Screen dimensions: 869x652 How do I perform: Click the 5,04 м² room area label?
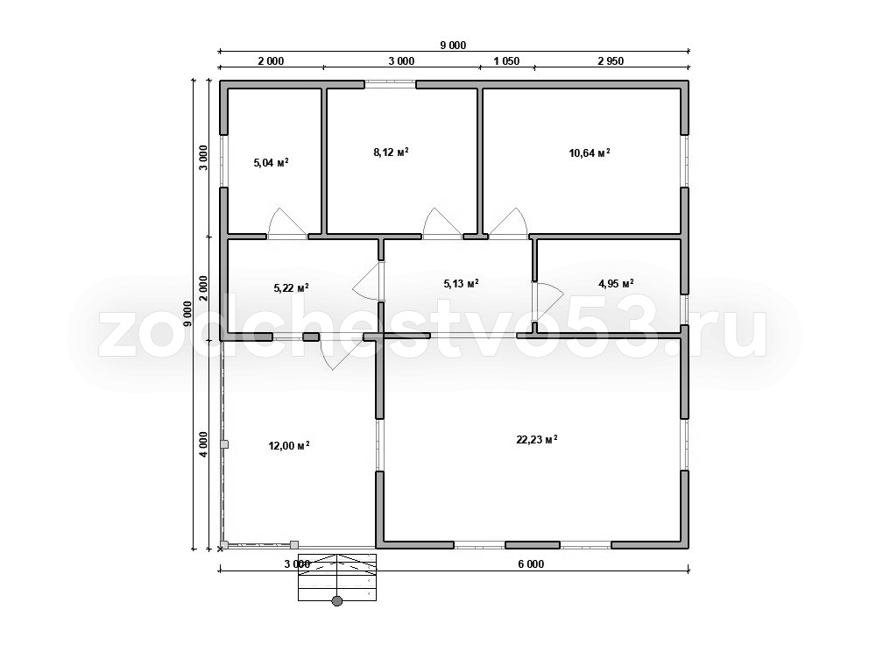(x=271, y=163)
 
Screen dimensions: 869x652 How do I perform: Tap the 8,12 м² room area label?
(x=392, y=152)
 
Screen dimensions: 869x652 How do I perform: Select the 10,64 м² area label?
(x=590, y=153)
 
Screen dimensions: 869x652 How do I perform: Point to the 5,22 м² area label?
(x=292, y=288)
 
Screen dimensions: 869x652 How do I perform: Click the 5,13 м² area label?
(x=461, y=284)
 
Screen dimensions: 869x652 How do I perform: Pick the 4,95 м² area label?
(x=617, y=284)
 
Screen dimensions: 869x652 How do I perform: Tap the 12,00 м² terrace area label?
(x=289, y=446)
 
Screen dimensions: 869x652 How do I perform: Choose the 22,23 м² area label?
(x=536, y=440)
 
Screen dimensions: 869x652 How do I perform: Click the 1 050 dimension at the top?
(x=506, y=61)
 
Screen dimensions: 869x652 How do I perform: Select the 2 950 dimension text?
(x=611, y=61)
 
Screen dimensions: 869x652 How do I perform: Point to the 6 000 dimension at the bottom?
(x=531, y=564)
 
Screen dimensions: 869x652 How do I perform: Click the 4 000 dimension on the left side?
(x=204, y=444)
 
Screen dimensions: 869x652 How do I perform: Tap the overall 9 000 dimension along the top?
(x=454, y=46)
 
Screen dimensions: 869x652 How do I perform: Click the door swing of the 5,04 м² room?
(x=286, y=223)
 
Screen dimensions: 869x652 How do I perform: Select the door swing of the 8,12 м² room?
(x=442, y=223)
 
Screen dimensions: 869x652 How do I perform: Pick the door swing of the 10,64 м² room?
(x=509, y=223)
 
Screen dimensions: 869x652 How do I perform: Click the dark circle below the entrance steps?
(x=337, y=601)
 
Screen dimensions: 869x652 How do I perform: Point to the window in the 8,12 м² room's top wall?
(x=390, y=84)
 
